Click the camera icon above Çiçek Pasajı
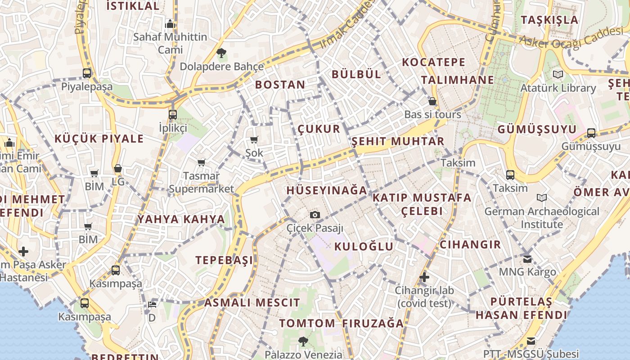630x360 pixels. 315,215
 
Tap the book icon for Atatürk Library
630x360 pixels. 558,75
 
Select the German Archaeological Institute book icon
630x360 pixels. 542,198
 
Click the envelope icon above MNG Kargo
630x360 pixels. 527,259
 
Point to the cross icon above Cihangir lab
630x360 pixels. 424,277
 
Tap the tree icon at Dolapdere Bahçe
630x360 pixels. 221,54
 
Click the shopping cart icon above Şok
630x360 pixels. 254,140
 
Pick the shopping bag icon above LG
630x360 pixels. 118,169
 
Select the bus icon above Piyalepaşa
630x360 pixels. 87,73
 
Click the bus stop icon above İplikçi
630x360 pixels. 173,114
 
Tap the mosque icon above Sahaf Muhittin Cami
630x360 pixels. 170,23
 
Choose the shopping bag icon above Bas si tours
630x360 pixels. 432,101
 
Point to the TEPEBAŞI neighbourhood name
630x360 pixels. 224,260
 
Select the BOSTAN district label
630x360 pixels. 280,85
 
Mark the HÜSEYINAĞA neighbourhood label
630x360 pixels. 327,190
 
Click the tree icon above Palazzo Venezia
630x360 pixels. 303,342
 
